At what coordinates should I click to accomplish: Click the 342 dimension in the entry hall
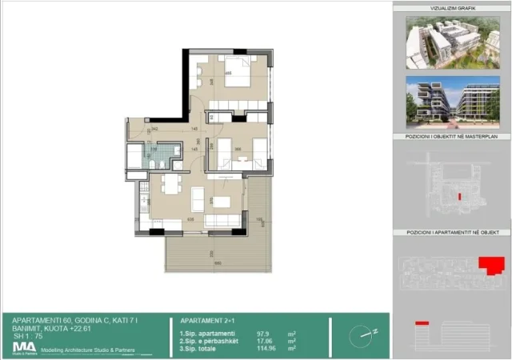pyautogui.click(x=154, y=128)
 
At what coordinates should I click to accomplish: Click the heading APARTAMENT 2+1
pyautogui.click(x=208, y=319)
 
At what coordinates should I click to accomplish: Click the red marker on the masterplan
pyautogui.click(x=458, y=196)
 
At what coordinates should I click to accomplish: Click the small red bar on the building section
pyautogui.click(x=422, y=323)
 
